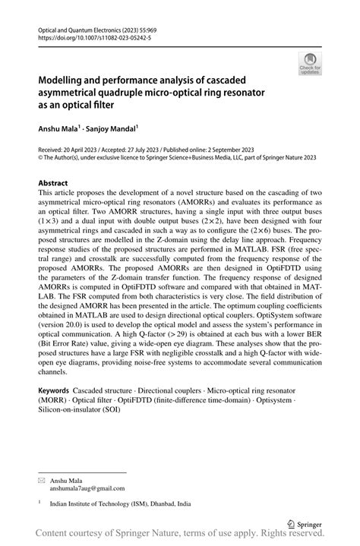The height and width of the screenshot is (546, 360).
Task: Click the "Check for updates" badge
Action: tap(311, 65)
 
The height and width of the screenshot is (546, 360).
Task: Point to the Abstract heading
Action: tap(53, 183)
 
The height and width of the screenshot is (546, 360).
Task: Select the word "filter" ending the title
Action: tap(123, 107)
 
